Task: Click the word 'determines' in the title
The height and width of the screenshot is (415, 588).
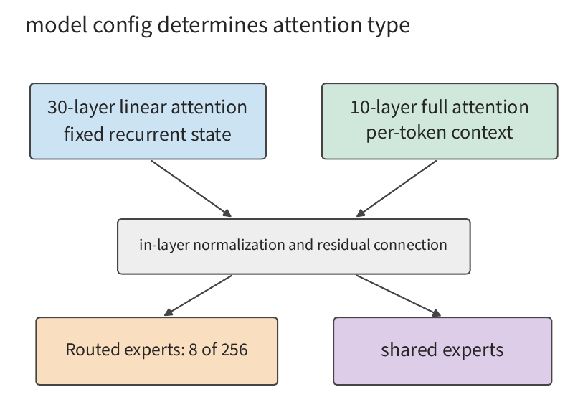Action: point(213,25)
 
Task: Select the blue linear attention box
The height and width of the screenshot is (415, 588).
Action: point(148,121)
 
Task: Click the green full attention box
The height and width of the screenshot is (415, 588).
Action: point(440,121)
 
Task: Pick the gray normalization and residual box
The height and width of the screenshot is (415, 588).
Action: point(293,246)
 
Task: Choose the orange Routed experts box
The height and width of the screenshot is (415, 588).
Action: point(157,351)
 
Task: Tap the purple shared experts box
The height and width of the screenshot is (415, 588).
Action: point(442,351)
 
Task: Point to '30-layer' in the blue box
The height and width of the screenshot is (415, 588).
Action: point(81,108)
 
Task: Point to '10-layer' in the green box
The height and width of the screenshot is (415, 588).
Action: point(383,108)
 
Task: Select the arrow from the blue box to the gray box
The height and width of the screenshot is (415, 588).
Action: point(191,189)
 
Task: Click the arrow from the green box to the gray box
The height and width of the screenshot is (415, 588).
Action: point(397,189)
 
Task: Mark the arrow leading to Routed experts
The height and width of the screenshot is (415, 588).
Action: point(199,296)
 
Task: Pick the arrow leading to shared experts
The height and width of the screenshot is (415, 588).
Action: point(398,296)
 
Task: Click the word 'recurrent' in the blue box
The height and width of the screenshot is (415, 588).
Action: point(148,134)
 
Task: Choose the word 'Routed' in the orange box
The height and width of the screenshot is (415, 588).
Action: point(93,350)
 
